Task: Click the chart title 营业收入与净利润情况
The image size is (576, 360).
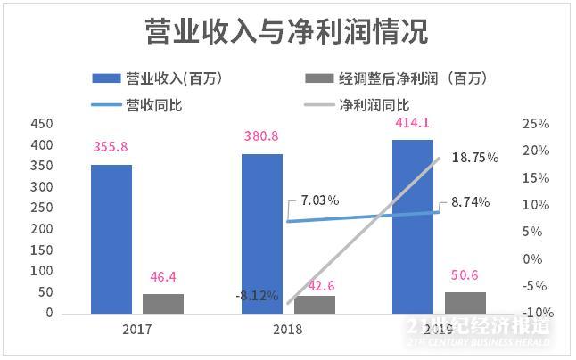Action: pyautogui.click(x=287, y=32)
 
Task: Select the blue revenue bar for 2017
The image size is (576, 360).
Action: pyautogui.click(x=111, y=239)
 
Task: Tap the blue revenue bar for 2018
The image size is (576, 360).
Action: pyautogui.click(x=262, y=233)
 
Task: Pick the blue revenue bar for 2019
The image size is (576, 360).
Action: pyautogui.click(x=414, y=226)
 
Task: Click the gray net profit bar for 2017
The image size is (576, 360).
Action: pyautogui.click(x=163, y=303)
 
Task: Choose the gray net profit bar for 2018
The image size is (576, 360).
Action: pyautogui.click(x=315, y=304)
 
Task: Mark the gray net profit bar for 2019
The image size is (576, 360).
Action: pyautogui.click(x=465, y=302)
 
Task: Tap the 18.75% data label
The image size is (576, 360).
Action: pyautogui.click(x=474, y=158)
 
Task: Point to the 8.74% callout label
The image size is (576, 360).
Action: pyautogui.click(x=470, y=202)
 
